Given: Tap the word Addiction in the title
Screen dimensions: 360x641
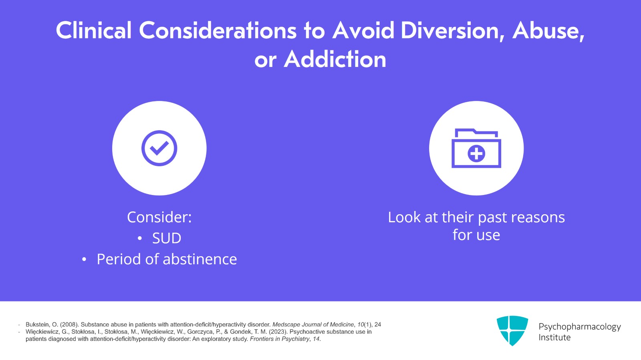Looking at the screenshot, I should (335, 60).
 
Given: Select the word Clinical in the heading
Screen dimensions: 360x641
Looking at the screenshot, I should (94, 30).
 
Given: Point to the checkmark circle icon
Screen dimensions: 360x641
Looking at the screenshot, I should (159, 148).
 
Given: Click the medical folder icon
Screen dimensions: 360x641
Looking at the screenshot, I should (476, 149).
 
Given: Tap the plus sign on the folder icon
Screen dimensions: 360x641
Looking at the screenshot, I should (476, 153).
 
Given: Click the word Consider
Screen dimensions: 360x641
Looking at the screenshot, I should (159, 217).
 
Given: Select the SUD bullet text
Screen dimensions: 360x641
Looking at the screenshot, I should (167, 238).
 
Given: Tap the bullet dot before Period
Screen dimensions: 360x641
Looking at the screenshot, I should (84, 260).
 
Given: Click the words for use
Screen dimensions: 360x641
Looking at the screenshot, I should (476, 235).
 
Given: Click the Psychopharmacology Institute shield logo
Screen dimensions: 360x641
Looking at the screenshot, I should (512, 330).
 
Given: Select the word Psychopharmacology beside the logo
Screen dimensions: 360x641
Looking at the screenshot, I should (579, 327).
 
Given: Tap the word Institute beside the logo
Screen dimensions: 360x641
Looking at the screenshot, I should (554, 338).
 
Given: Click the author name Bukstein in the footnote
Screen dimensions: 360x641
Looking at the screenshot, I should (37, 325).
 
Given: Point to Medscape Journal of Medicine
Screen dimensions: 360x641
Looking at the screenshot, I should (313, 325).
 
